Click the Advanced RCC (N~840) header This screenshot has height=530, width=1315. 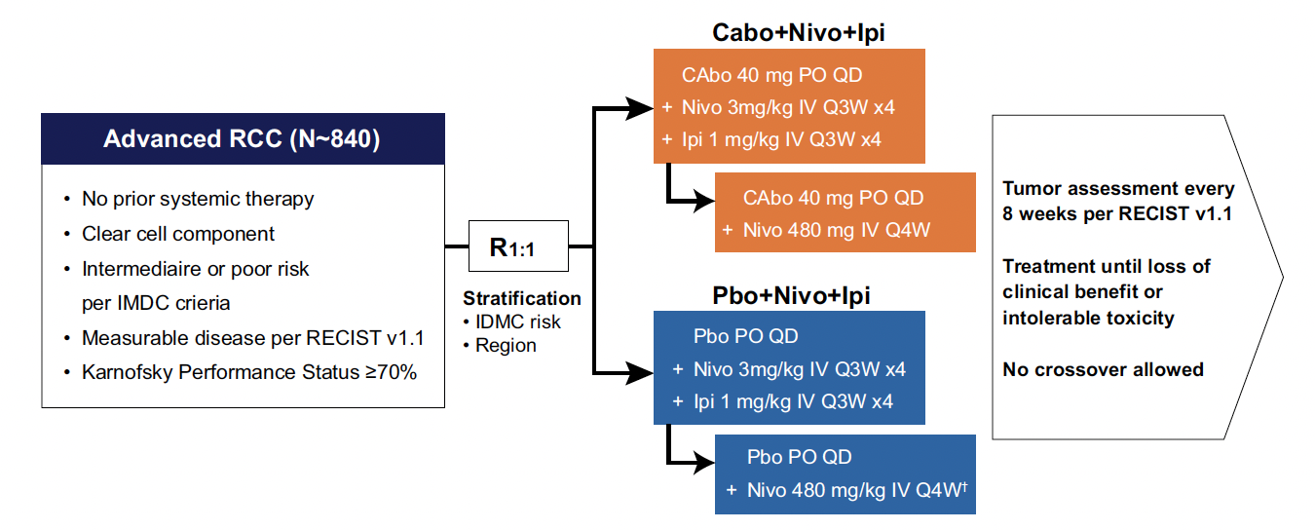click(243, 138)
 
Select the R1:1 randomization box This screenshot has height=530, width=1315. click(518, 246)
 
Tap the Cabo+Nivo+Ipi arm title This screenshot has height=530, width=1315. click(799, 32)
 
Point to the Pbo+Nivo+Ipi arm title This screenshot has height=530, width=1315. click(791, 295)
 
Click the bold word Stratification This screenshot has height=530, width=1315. click(522, 298)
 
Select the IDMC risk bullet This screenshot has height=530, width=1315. click(512, 322)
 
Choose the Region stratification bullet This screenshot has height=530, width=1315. click(500, 346)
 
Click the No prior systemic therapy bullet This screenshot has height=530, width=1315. click(198, 199)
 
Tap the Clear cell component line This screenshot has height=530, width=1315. click(178, 234)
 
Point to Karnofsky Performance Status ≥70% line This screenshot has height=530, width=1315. click(249, 372)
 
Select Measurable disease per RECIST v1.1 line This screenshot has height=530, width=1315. click(253, 338)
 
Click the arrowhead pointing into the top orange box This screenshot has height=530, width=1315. click(640, 108)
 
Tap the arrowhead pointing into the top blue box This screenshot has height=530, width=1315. click(640, 373)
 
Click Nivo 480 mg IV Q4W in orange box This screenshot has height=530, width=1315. click(836, 230)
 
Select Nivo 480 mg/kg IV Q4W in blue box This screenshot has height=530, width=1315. click(857, 489)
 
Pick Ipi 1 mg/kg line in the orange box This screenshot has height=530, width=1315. click(781, 139)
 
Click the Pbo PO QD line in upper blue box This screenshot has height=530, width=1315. click(745, 336)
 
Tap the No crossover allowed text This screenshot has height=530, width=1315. click(1103, 370)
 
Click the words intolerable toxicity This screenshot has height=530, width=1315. click(1088, 319)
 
